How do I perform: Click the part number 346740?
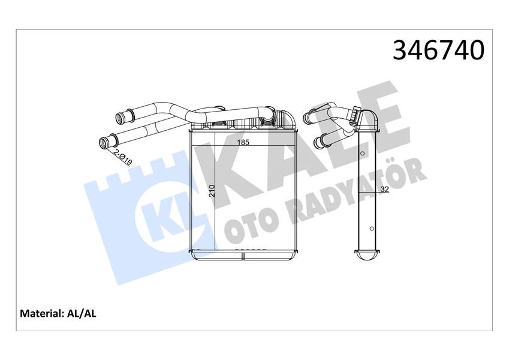click(x=438, y=50)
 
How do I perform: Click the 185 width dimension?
click(x=243, y=143)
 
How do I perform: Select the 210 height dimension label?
click(x=211, y=192)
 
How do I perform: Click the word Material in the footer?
click(x=42, y=313)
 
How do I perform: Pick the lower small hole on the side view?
click(x=371, y=229)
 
